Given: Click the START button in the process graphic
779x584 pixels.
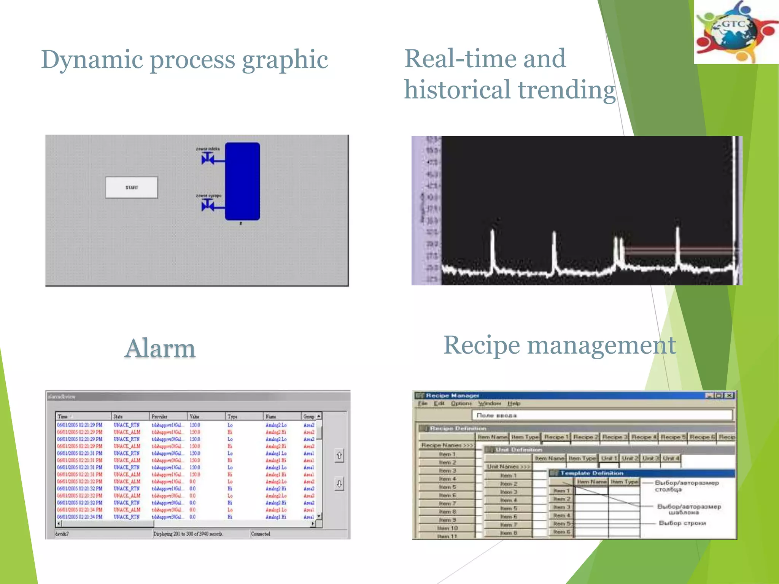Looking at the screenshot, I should click(132, 187).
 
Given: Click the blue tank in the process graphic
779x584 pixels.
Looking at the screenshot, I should click(242, 181).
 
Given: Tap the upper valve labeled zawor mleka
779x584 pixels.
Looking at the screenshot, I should click(208, 158).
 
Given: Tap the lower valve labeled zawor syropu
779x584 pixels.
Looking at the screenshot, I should click(208, 206).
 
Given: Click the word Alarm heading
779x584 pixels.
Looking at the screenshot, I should click(160, 348).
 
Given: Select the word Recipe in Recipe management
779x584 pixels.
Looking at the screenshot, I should click(482, 345).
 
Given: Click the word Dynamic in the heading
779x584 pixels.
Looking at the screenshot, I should click(92, 60).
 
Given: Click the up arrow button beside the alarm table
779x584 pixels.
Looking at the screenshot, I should click(339, 455).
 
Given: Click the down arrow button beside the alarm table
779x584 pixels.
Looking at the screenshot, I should click(339, 484).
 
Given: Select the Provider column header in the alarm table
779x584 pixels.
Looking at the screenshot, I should click(160, 416).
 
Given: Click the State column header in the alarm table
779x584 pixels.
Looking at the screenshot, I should click(118, 416).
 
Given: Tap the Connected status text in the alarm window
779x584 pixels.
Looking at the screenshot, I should click(261, 534).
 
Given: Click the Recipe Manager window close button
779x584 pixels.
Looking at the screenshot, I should click(729, 395).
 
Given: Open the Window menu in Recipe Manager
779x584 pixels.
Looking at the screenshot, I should click(490, 403).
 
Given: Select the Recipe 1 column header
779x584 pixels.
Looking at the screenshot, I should click(556, 437).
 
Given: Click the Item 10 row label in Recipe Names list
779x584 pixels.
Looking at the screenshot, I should click(447, 528).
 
